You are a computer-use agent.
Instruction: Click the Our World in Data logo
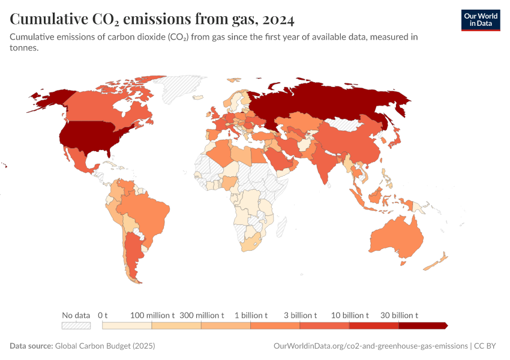tap(480, 19)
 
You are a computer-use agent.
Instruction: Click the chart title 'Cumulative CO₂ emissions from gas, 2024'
tap(152, 20)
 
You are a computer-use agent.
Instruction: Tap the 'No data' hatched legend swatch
tap(76, 325)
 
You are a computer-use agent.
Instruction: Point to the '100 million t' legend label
tap(152, 315)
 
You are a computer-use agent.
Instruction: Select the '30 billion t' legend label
tap(398, 315)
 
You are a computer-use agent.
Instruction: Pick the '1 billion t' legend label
tap(251, 315)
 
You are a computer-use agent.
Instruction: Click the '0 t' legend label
tap(103, 315)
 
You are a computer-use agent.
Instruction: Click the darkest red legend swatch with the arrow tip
tap(422, 325)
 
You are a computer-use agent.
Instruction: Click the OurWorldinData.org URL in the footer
tap(370, 346)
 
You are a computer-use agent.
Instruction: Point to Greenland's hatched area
tap(180, 90)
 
